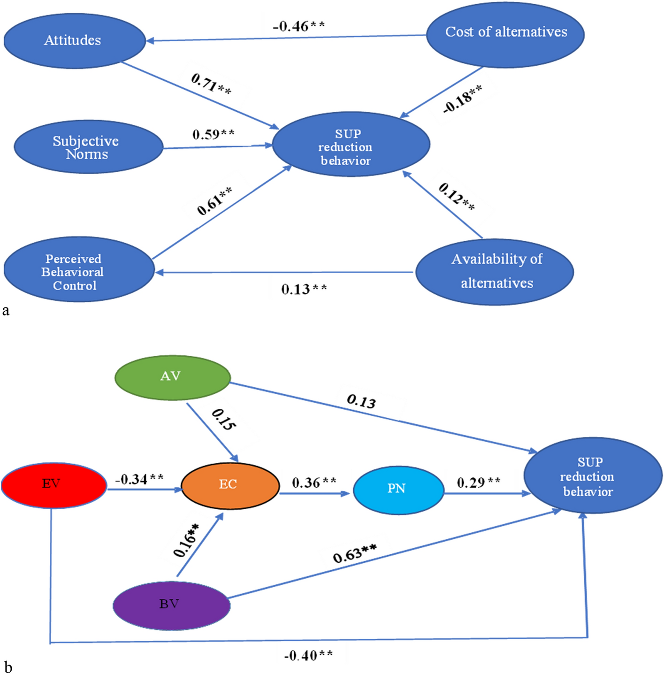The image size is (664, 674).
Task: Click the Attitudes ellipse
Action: [74, 41]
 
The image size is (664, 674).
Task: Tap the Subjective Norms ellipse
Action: [88, 147]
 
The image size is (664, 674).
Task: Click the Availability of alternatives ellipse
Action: [495, 271]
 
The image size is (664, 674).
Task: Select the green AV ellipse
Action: [172, 377]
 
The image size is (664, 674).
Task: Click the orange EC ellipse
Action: [230, 485]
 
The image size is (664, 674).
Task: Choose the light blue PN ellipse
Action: [398, 490]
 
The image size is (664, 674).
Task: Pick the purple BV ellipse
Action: [171, 605]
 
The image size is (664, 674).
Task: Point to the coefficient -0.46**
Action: [298, 26]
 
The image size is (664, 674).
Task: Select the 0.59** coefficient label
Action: [213, 135]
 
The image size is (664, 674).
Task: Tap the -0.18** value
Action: [462, 99]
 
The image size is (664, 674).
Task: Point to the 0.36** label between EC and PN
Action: [314, 483]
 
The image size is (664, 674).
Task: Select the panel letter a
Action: [6, 310]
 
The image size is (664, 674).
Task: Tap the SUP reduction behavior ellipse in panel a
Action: [351, 145]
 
